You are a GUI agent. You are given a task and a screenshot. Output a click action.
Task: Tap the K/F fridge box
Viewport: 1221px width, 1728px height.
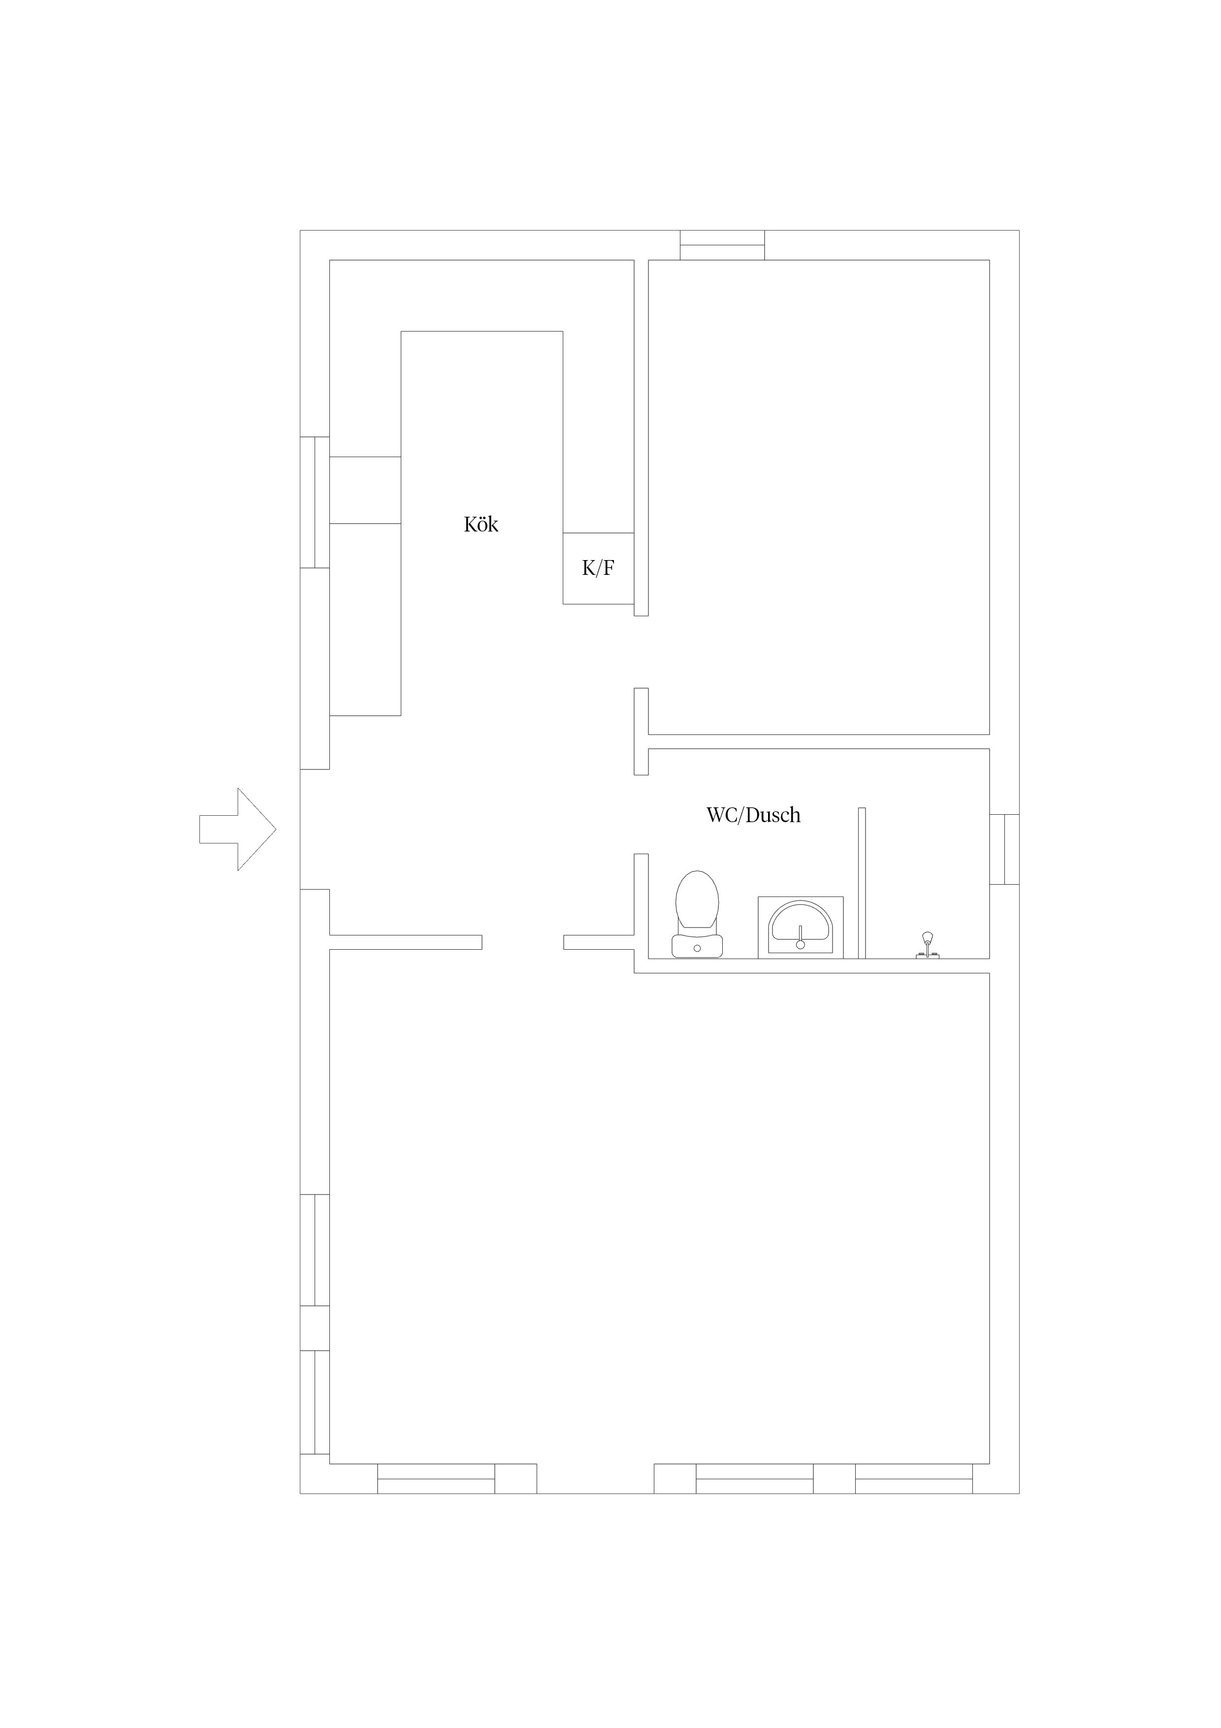[x=598, y=568]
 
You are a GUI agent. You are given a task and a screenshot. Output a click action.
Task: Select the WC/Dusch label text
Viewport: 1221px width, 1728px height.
[x=753, y=815]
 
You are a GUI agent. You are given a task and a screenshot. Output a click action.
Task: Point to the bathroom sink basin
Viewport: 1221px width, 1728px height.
[x=801, y=927]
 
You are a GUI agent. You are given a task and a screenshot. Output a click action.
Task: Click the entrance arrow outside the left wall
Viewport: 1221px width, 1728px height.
[x=238, y=830]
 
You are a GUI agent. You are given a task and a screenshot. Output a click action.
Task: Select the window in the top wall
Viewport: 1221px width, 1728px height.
[x=722, y=245]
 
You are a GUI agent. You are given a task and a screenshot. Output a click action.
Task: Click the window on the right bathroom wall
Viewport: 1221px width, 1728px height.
[x=1004, y=849]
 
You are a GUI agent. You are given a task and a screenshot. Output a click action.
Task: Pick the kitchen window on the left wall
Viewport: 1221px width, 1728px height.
[x=315, y=502]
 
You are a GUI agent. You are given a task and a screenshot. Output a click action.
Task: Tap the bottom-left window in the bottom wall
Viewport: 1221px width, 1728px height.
[x=436, y=1478]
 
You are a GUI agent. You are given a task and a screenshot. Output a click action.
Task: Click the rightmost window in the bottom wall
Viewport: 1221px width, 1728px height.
[x=914, y=1478]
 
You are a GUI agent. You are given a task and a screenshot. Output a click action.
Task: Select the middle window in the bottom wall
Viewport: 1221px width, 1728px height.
[x=755, y=1478]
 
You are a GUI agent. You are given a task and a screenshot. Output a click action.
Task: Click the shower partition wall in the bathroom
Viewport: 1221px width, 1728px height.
[x=862, y=883]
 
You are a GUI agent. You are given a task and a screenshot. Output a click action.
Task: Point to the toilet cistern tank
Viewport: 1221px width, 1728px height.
[x=697, y=946]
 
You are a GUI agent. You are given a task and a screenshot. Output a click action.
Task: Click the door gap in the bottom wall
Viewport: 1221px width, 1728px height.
[x=595, y=1478]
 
